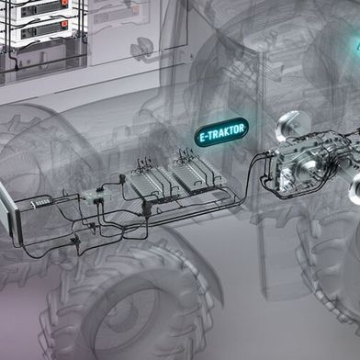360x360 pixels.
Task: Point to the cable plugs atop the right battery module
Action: pyautogui.click(x=183, y=155)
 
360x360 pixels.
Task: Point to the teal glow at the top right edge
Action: pyautogui.click(x=354, y=46)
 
